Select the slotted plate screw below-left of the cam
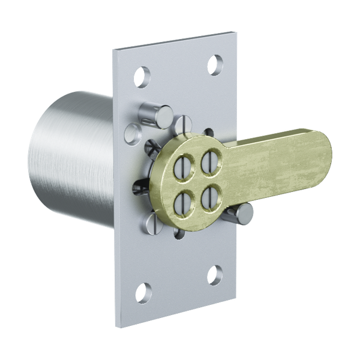point(152,227)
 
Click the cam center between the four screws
point(196,179)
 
